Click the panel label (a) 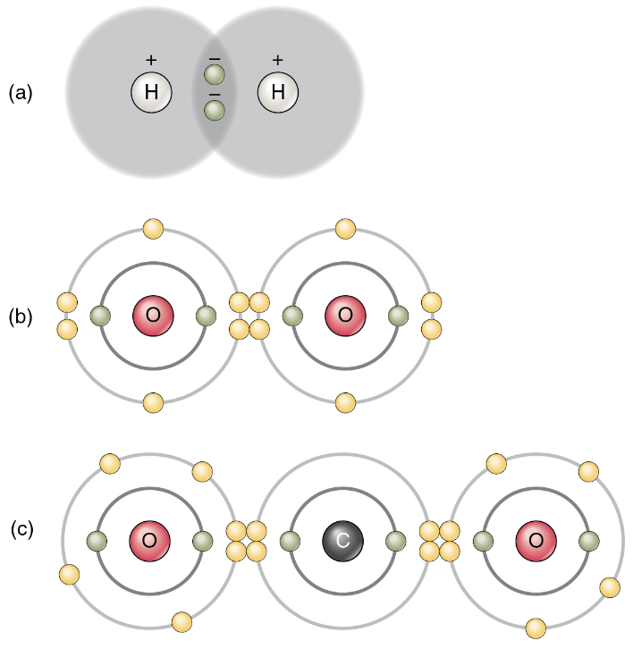pos(21,92)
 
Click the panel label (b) pos(21,316)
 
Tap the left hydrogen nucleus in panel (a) pos(151,92)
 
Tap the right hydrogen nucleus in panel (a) pos(278,92)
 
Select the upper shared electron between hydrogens pos(215,74)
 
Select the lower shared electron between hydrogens pos(215,110)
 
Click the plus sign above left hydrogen pos(151,60)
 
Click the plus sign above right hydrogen pos(278,60)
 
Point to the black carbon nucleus pos(342,540)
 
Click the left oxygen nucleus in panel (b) pos(153,315)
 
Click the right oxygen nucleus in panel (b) pos(346,315)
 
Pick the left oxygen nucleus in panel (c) pos(149,540)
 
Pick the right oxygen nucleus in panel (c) pos(536,540)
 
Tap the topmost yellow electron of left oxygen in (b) pos(153,229)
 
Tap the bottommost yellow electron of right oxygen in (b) pos(346,402)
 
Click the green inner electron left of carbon pos(290,540)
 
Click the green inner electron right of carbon pos(395,540)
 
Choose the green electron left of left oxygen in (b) pos(100,315)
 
